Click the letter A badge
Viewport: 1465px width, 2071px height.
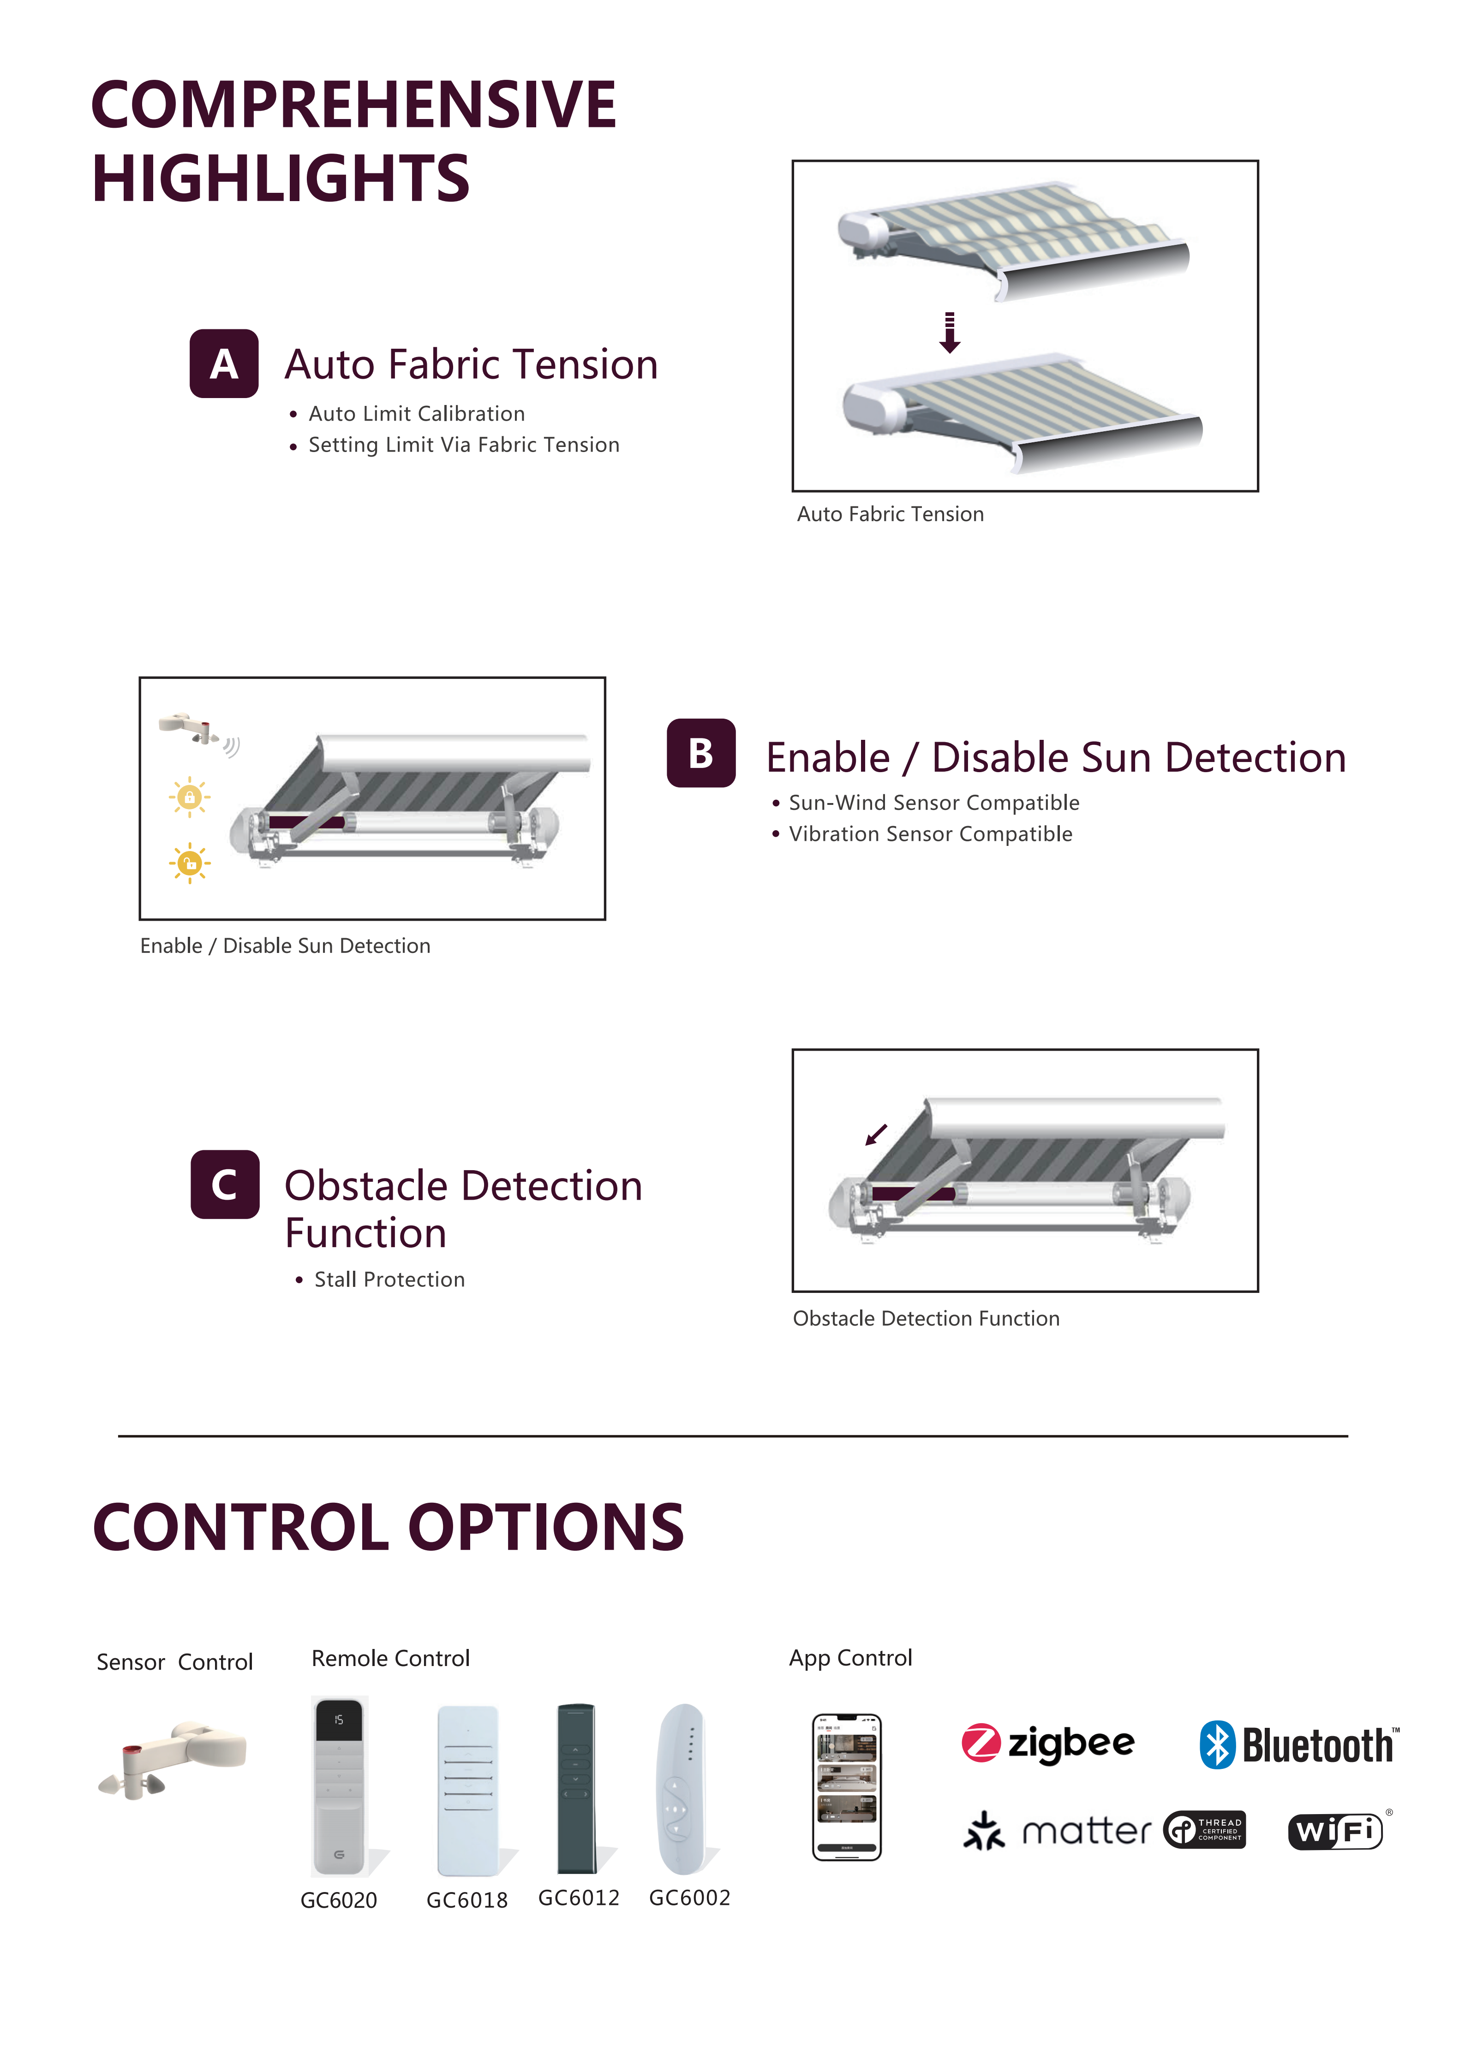224,363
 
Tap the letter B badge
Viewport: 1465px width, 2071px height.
701,753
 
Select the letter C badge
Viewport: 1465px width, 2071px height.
225,1184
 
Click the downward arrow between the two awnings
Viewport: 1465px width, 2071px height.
950,332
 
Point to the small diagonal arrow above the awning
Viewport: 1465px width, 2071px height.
876,1135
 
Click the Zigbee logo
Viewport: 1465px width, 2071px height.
1047,1744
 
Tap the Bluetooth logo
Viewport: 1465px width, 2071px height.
1299,1744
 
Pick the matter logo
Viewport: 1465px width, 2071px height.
1057,1831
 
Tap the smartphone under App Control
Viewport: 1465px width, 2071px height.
847,1787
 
